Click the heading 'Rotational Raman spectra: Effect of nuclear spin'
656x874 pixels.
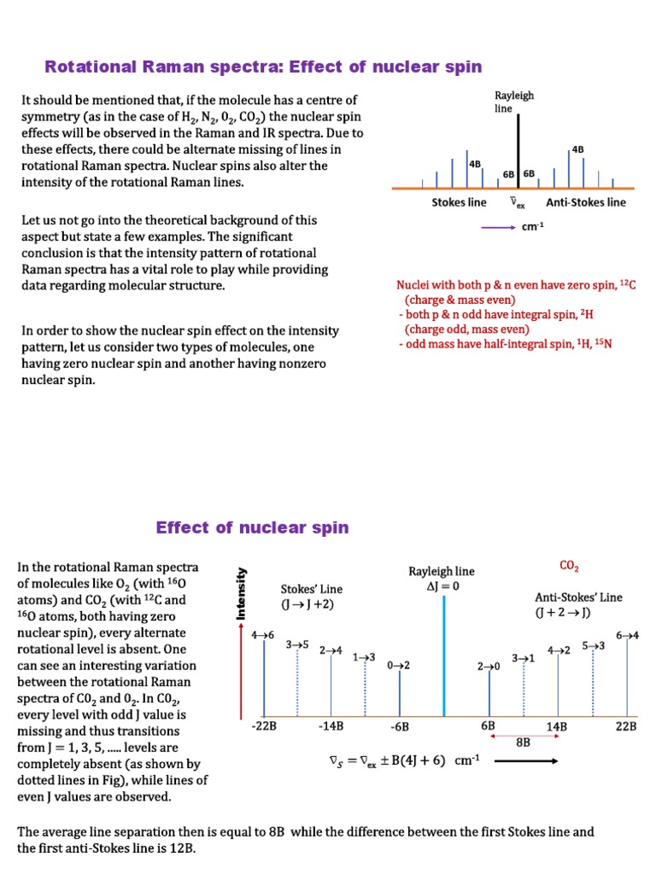(x=263, y=67)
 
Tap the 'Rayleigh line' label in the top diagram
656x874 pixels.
(x=513, y=102)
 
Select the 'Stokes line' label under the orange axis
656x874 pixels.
(x=459, y=202)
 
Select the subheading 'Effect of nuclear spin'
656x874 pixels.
(x=252, y=527)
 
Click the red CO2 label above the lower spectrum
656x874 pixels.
(x=569, y=566)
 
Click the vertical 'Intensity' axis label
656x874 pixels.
(x=243, y=592)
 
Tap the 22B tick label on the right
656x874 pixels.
(x=626, y=726)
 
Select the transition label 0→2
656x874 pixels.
(x=399, y=666)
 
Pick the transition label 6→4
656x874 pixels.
(x=628, y=635)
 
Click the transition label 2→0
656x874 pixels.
(x=489, y=667)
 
